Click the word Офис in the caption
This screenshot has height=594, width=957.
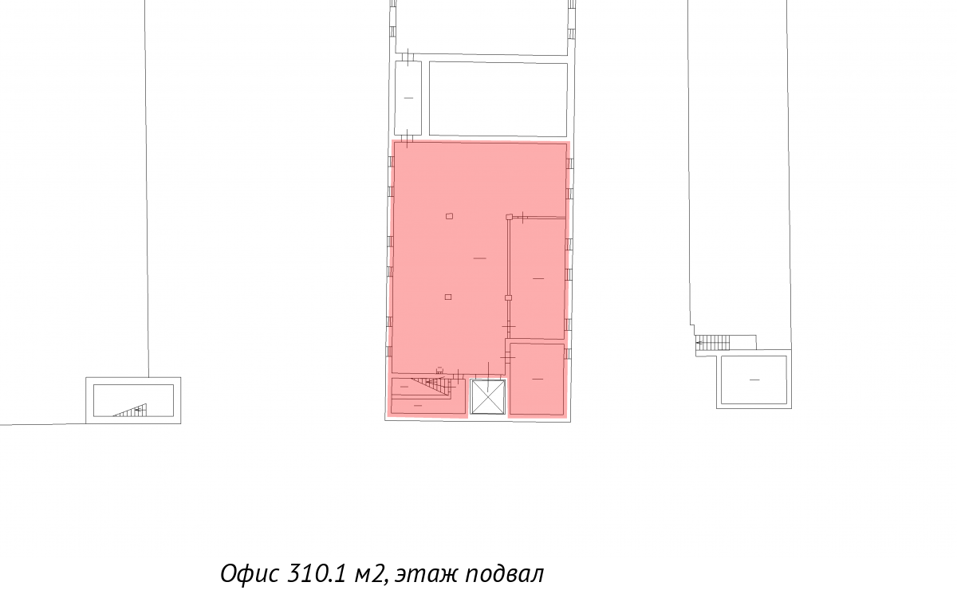[250, 573]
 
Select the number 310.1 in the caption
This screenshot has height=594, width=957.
[316, 573]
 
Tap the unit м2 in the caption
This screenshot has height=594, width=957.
[370, 574]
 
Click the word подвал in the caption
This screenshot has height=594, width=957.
[505, 573]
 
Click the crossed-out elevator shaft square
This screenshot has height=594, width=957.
[487, 397]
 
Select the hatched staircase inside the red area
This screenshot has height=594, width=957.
[432, 387]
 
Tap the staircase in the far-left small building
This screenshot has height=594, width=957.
[131, 410]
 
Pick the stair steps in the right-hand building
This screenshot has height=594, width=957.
[713, 343]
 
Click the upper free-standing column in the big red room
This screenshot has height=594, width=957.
[450, 217]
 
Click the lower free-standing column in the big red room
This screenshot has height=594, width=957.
[448, 297]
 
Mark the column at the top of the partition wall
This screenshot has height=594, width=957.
[510, 217]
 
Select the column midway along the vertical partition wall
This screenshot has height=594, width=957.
[509, 297]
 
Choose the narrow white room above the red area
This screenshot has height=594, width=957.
[408, 98]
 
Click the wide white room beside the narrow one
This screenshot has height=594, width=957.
[498, 100]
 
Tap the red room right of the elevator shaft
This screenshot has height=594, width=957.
[537, 379]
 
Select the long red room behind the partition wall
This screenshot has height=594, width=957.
[538, 279]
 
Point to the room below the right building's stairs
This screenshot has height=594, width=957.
[754, 380]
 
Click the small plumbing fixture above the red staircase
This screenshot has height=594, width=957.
[439, 370]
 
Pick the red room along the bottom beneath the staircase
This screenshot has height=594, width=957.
[428, 406]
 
